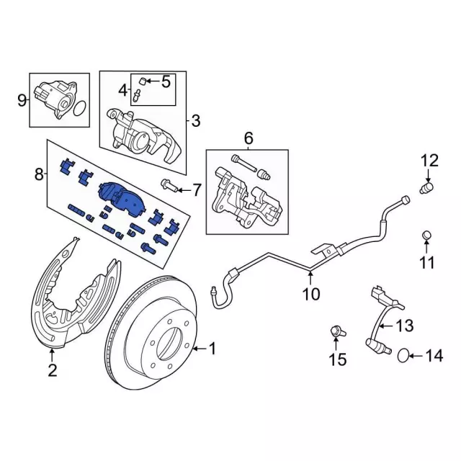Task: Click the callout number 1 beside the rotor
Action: (x=212, y=349)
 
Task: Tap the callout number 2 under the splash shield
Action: (x=52, y=370)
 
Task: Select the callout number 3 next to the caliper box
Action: (x=195, y=120)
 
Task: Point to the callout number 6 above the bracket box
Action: (x=249, y=138)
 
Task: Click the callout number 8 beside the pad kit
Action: (x=39, y=173)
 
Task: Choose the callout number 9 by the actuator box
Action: (x=21, y=99)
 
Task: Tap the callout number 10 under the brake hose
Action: (x=310, y=294)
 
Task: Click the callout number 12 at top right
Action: (x=429, y=160)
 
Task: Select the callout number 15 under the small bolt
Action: (x=337, y=358)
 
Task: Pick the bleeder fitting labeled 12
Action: (x=426, y=189)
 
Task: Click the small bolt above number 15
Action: (x=336, y=331)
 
